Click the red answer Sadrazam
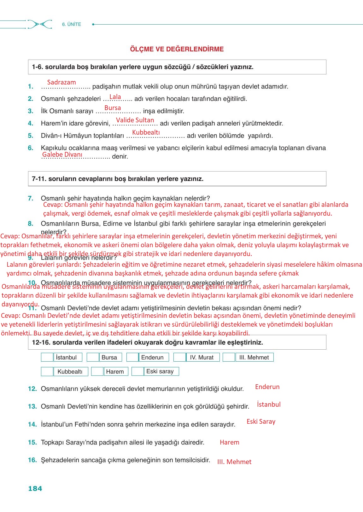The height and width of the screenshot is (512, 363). pyautogui.click(x=61, y=82)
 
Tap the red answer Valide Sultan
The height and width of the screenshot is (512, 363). pyautogui.click(x=135, y=120)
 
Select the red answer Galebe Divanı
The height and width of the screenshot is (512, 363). pyautogui.click(x=62, y=154)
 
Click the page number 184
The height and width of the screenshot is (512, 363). pyautogui.click(x=35, y=489)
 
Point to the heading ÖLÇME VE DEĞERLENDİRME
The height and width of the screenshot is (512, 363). pyautogui.click(x=177, y=49)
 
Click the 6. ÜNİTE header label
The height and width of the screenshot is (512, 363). pyautogui.click(x=72, y=24)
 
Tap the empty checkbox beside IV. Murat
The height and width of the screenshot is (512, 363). pyautogui.click(x=179, y=357)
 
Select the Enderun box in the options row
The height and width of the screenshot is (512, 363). pyautogui.click(x=154, y=357)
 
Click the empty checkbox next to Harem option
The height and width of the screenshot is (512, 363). pyautogui.click(x=97, y=371)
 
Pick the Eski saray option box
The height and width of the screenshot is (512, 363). pyautogui.click(x=161, y=371)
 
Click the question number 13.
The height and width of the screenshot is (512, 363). pyautogui.click(x=32, y=407)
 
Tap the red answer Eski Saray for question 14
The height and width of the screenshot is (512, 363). pyautogui.click(x=261, y=422)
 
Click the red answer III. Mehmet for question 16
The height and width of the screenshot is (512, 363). pyautogui.click(x=234, y=462)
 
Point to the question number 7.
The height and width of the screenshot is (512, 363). pyautogui.click(x=31, y=199)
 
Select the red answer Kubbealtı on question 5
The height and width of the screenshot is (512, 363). pyautogui.click(x=146, y=132)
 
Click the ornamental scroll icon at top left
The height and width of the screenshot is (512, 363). pyautogui.click(x=39, y=24)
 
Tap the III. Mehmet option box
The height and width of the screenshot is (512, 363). pyautogui.click(x=254, y=357)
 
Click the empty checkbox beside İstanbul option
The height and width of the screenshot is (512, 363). pyautogui.click(x=47, y=357)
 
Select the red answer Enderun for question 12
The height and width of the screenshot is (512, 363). pyautogui.click(x=267, y=387)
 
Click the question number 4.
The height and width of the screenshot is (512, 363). pyautogui.click(x=31, y=124)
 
